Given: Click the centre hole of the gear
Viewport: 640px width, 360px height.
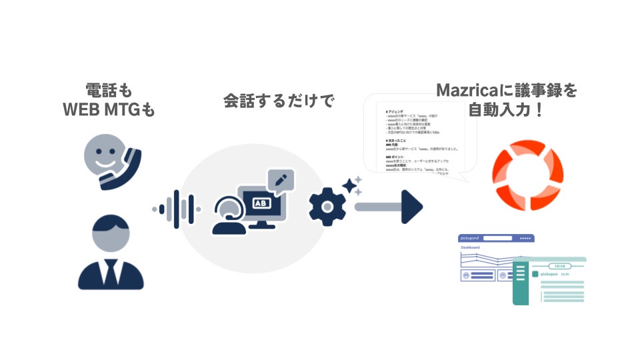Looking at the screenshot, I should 327,206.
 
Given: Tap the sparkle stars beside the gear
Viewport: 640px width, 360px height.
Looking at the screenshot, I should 353,185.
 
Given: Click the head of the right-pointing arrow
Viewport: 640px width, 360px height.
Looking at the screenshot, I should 413,207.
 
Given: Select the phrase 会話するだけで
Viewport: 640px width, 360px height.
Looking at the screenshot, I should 278,102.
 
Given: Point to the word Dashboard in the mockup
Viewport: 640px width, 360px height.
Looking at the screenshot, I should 470,247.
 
